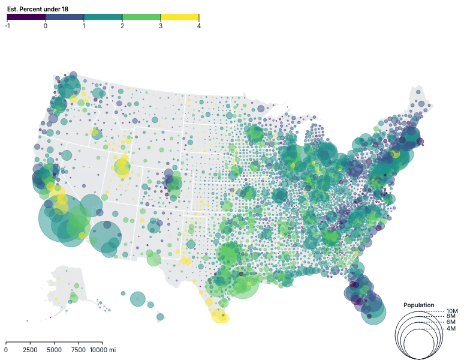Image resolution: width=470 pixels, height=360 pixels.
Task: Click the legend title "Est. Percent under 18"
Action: (x=37, y=9)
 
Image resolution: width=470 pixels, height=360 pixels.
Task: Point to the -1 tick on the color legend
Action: (x=7, y=26)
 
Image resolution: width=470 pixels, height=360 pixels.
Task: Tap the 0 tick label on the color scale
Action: (x=46, y=26)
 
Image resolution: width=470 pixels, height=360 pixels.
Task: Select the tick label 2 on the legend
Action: (x=122, y=26)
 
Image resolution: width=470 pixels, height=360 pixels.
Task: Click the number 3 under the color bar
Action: (x=161, y=26)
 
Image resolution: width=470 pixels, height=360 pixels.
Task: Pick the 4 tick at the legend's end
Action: (x=198, y=26)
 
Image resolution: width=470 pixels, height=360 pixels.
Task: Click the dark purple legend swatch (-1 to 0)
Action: (x=26, y=17)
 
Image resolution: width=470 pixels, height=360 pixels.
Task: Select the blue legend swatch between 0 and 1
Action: (x=65, y=17)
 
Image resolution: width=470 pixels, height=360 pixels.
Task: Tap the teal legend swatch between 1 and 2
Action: (x=103, y=17)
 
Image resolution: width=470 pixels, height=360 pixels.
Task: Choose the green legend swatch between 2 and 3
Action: (x=141, y=17)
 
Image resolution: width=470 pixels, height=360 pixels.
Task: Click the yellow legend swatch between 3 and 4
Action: (x=180, y=17)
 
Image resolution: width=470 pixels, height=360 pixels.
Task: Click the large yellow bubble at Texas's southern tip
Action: (x=220, y=316)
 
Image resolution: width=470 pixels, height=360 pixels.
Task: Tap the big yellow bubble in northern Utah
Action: (x=122, y=170)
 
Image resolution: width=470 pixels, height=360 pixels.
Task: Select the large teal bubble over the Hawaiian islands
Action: (x=140, y=298)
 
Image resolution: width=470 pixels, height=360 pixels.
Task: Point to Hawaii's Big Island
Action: (x=161, y=316)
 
